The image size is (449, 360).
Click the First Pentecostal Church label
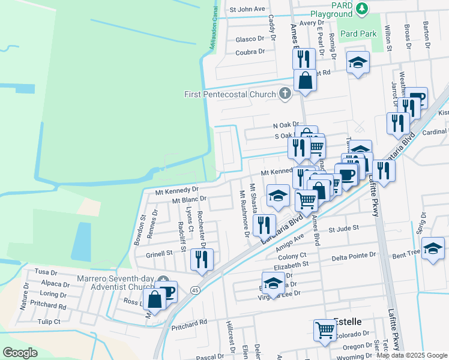tap(229, 94)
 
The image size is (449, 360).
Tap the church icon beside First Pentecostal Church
tap(285, 94)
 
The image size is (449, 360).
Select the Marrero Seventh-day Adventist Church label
tap(116, 283)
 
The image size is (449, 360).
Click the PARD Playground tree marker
tap(361, 8)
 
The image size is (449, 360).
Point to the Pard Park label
tap(358, 34)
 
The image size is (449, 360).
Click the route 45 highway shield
tap(195, 290)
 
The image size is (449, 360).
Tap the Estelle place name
tap(348, 322)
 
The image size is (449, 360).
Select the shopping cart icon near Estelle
tap(325, 329)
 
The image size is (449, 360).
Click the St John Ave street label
tap(247, 10)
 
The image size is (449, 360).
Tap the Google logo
tap(20, 353)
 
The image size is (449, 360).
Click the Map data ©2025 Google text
tap(412, 355)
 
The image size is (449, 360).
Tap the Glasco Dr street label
tap(250, 39)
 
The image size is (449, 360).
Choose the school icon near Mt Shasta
tap(278, 196)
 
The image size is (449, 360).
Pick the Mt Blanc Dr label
tap(188, 199)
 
